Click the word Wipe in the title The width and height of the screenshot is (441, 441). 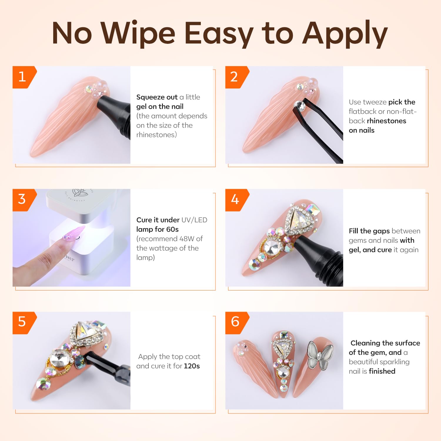(138, 34)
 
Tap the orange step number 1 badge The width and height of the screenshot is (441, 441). (24, 77)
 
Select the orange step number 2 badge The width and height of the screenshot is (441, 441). (236, 77)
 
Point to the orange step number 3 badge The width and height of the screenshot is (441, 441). (24, 200)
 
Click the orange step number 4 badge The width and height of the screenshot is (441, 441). (236, 200)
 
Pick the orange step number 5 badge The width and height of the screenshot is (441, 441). (24, 323)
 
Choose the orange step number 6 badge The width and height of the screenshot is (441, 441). (236, 323)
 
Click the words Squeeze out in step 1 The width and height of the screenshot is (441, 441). (157, 97)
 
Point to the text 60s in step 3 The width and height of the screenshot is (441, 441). (172, 229)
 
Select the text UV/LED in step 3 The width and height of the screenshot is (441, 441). (194, 220)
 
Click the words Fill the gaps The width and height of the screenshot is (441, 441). (369, 231)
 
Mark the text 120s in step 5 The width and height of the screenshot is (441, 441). (192, 366)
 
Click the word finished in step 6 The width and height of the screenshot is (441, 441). (382, 371)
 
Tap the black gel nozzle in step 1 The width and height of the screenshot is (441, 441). (115, 116)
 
